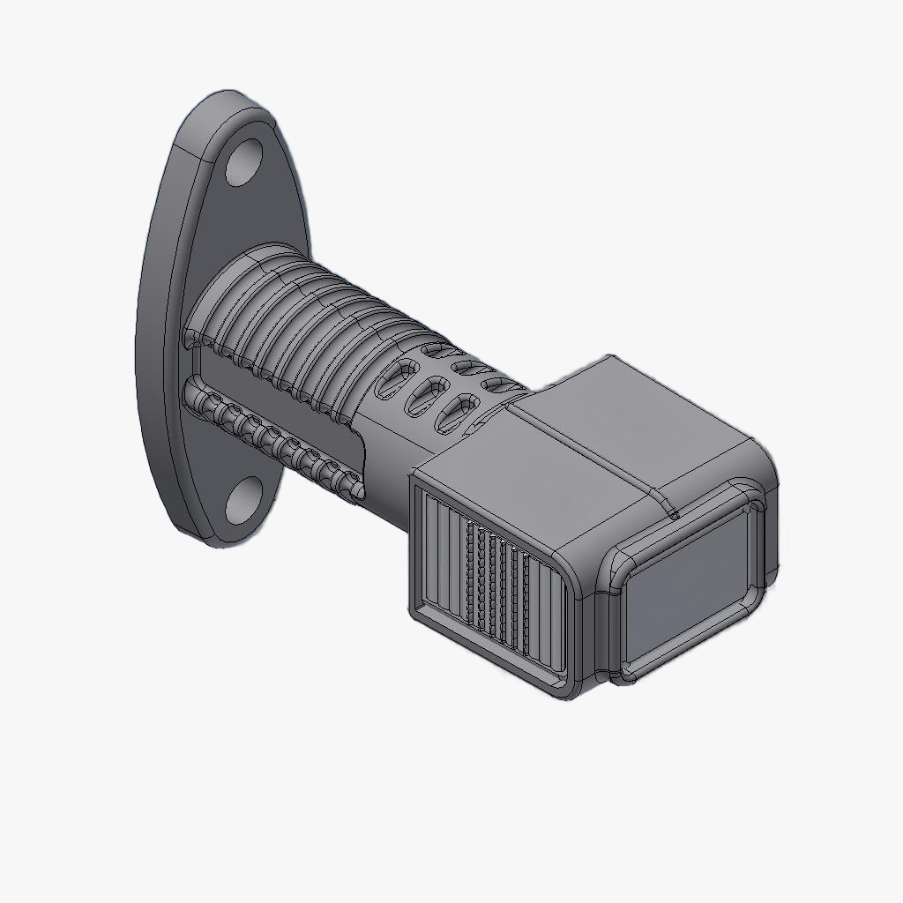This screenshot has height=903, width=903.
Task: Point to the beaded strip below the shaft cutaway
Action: tap(273, 437)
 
